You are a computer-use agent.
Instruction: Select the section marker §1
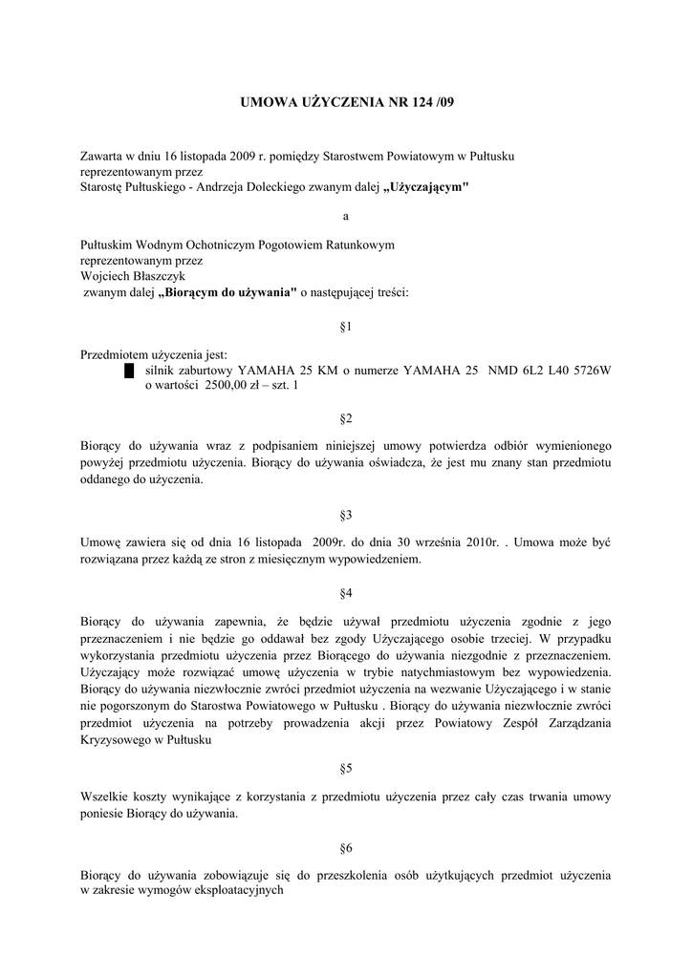pos(346,328)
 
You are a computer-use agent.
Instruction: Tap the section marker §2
pos(346,419)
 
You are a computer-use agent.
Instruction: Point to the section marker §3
pos(346,515)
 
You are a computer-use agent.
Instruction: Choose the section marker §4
pos(346,593)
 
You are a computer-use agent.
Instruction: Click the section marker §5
pos(346,768)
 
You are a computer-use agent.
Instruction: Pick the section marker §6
pos(346,847)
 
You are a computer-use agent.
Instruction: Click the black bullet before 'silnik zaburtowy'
pos(128,371)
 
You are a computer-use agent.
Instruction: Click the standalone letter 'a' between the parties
pos(346,217)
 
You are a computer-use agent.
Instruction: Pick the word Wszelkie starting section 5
pos(104,796)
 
